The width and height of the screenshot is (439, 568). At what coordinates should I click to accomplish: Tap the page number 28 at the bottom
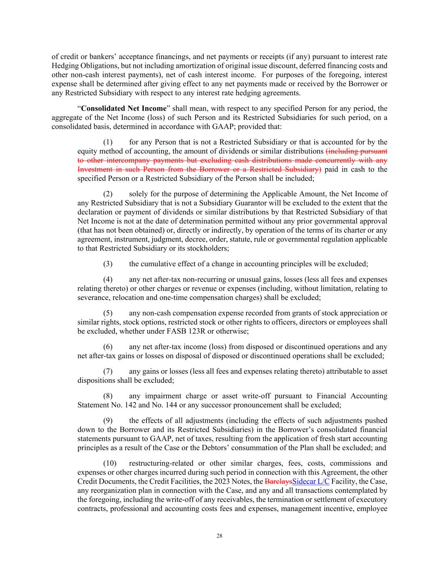click(219, 536)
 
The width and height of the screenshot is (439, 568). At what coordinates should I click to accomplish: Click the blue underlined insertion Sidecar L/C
click(311, 481)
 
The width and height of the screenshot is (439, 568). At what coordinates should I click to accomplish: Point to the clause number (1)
click(108, 142)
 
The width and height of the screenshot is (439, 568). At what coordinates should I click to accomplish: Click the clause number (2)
click(108, 194)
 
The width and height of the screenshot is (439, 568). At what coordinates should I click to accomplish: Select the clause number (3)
click(108, 264)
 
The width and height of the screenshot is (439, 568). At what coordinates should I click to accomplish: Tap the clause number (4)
click(108, 280)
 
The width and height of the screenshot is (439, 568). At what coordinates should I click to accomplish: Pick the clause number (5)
click(108, 313)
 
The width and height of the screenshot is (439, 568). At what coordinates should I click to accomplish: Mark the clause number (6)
click(108, 347)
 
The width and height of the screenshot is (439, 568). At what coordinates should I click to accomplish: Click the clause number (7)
click(108, 371)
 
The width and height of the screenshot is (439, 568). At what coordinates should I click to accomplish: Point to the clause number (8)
click(108, 396)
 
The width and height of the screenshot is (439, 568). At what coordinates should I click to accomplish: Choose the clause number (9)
click(108, 421)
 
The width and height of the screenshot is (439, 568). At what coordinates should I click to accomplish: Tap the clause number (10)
click(109, 464)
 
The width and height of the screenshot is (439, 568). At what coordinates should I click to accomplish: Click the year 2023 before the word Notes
click(223, 481)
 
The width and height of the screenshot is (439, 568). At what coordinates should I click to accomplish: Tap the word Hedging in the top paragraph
click(64, 66)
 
